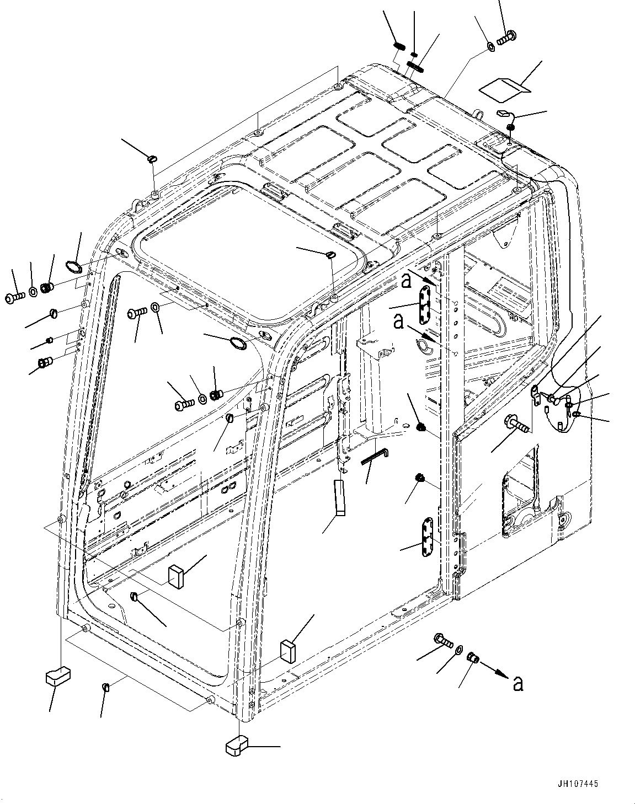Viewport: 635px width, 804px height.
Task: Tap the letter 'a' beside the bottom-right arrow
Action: coord(517,683)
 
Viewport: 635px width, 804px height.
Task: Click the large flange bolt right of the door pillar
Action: coord(516,425)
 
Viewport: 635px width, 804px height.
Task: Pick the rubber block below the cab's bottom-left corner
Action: coord(56,675)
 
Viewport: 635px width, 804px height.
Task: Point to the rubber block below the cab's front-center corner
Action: coord(237,747)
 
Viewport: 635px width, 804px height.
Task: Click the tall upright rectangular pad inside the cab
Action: coord(339,497)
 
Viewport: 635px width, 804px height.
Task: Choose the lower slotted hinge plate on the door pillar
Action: coord(428,538)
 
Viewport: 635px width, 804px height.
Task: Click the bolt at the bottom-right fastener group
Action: coord(443,641)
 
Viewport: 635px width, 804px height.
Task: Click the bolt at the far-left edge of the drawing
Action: coord(14,297)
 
